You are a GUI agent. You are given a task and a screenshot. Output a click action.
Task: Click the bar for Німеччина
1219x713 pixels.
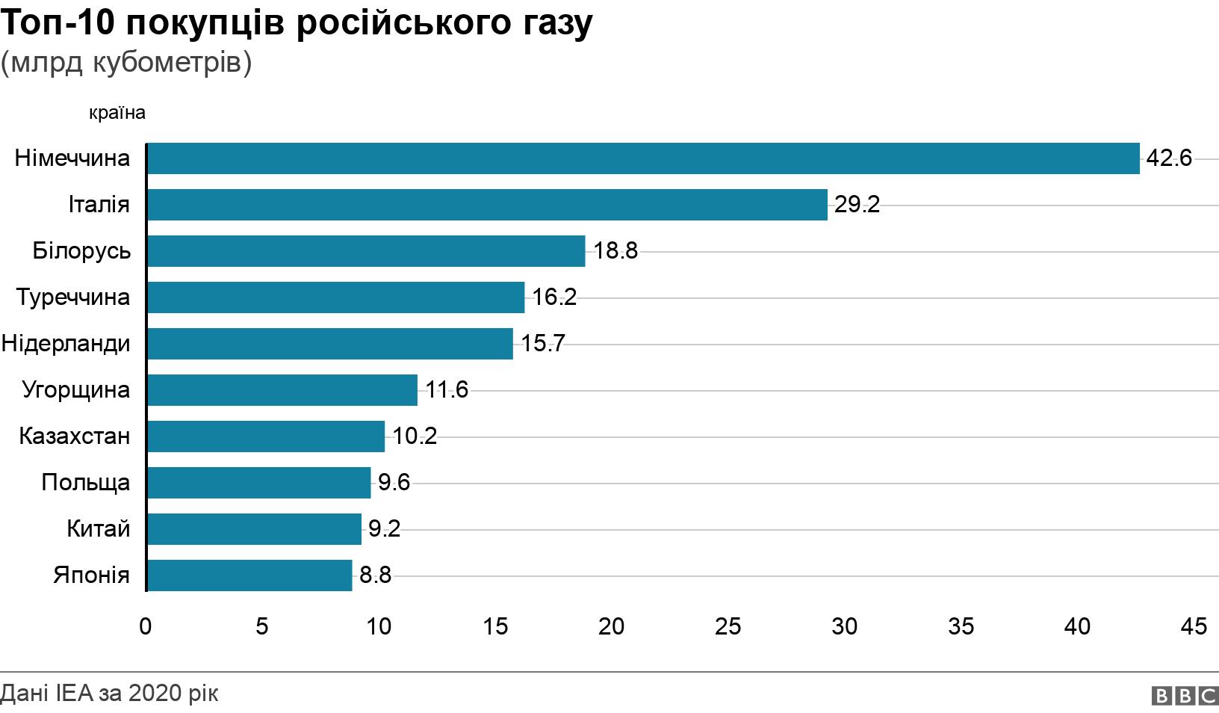tap(643, 158)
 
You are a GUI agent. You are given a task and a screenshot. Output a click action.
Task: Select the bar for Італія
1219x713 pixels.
tap(487, 205)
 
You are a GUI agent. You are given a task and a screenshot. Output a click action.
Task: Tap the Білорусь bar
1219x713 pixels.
tap(366, 251)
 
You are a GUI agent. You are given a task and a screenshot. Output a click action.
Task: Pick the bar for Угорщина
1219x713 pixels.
tap(282, 390)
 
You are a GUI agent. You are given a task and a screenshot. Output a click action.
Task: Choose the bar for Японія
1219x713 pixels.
tap(249, 575)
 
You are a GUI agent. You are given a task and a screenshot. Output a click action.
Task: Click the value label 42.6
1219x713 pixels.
tap(1169, 158)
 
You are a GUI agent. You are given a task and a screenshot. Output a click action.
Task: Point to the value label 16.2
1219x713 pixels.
tap(554, 297)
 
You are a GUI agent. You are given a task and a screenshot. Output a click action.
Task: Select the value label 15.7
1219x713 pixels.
tap(543, 344)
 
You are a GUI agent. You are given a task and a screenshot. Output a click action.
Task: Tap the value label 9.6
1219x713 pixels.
tap(394, 483)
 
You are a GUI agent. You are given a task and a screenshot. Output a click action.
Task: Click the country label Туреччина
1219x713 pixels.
tap(73, 297)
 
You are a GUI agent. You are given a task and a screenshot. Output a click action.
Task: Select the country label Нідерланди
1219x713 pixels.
tap(66, 344)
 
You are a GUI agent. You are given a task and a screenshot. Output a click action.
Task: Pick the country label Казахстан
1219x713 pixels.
tap(75, 436)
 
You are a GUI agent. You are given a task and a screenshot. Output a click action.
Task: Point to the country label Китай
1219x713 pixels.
tap(98, 529)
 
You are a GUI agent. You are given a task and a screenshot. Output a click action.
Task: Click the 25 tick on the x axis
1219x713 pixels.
tap(728, 626)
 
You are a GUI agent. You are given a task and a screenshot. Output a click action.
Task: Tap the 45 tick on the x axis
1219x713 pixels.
tap(1194, 626)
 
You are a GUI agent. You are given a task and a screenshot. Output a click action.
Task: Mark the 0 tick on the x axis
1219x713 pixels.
tap(146, 626)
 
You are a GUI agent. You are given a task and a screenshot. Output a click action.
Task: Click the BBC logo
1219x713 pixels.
tap(1185, 696)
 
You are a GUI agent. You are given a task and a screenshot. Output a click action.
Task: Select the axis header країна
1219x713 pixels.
tap(117, 114)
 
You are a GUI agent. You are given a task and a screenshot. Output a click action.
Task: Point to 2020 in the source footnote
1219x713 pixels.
tap(155, 694)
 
